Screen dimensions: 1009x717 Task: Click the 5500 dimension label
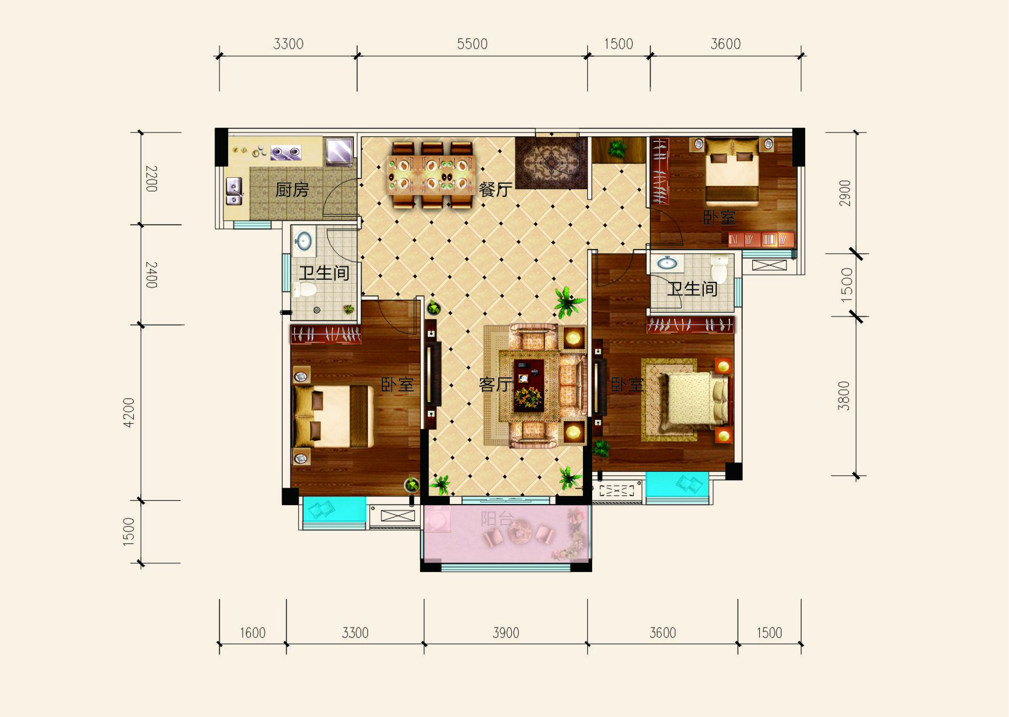click(x=472, y=44)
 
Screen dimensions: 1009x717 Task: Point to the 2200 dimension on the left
click(x=152, y=178)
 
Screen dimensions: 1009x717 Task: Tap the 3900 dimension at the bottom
click(x=506, y=633)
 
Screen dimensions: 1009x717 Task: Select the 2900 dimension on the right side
click(x=845, y=193)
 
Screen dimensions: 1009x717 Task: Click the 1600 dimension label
click(x=252, y=633)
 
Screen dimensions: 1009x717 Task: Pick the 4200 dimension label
click(x=128, y=412)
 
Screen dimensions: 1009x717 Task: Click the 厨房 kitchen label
click(x=292, y=190)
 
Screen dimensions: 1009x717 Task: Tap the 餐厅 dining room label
click(x=495, y=189)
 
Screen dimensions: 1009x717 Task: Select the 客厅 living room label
click(x=495, y=384)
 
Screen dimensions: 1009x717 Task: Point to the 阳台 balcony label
click(x=497, y=519)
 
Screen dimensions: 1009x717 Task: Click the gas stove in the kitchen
click(x=285, y=153)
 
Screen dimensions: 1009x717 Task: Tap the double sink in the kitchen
click(x=234, y=191)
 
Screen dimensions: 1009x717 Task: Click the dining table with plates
click(x=431, y=174)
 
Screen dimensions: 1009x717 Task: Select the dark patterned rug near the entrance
click(x=551, y=162)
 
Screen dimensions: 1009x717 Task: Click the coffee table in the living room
click(x=528, y=385)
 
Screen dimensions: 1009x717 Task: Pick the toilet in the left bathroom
click(x=305, y=291)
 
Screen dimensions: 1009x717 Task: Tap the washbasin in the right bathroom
click(x=667, y=263)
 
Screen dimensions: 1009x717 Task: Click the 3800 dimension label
click(x=844, y=396)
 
